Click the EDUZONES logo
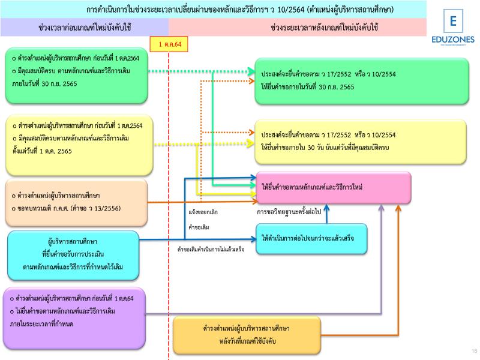click(x=453, y=30)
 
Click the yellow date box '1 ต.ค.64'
click(x=170, y=44)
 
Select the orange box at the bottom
click(x=246, y=335)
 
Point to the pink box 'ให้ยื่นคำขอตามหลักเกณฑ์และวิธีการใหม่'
click(x=334, y=188)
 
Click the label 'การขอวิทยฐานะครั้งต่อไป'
click(x=289, y=212)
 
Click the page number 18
click(x=474, y=351)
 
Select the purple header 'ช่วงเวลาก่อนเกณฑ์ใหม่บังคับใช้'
click(x=85, y=28)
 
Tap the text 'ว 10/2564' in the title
click(x=287, y=10)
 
